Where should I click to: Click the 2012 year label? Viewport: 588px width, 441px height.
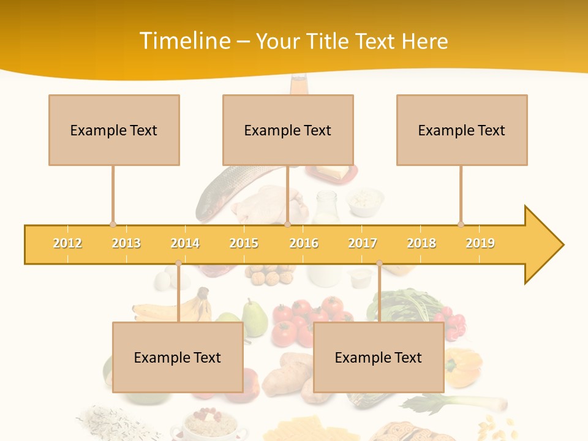coord(67,243)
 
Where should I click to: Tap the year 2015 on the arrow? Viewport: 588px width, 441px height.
coord(244,243)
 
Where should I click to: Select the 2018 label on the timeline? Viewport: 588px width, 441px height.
coord(421,243)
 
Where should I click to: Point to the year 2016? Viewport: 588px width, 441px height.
coord(304,243)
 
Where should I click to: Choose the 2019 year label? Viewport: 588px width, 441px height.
coord(480,243)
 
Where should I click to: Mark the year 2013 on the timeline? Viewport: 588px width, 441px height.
coord(126,243)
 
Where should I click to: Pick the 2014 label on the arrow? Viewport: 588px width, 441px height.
coord(185,243)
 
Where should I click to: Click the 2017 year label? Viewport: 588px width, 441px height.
coord(363,243)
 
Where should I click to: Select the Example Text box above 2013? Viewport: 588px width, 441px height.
coord(114,130)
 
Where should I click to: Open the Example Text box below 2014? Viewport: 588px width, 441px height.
coord(178,357)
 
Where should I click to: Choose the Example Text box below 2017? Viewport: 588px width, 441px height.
coord(379,357)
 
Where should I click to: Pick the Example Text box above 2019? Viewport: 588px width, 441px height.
coord(462,130)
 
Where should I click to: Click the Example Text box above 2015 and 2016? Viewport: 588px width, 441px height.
coord(288,130)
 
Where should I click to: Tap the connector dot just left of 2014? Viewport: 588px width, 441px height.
coord(178,263)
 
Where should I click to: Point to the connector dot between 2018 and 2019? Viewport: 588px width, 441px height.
coord(461,224)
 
